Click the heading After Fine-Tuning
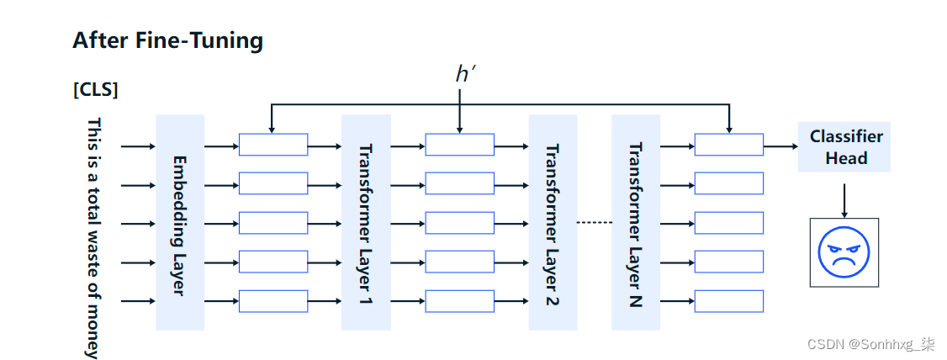[167, 40]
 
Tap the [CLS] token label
[95, 90]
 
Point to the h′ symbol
[465, 74]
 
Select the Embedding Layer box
[180, 223]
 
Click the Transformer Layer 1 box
[366, 223]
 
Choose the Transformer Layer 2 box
[553, 223]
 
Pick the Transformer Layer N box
[636, 223]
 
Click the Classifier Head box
[844, 147]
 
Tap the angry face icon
[844, 252]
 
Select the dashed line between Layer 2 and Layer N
[594, 223]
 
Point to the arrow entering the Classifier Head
[780, 146]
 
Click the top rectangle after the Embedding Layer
[273, 145]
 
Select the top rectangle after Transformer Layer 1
[459, 145]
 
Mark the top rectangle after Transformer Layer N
[728, 145]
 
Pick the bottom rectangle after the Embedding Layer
[273, 301]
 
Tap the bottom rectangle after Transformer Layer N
[728, 301]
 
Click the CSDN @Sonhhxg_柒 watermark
[870, 344]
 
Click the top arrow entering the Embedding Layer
[138, 146]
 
